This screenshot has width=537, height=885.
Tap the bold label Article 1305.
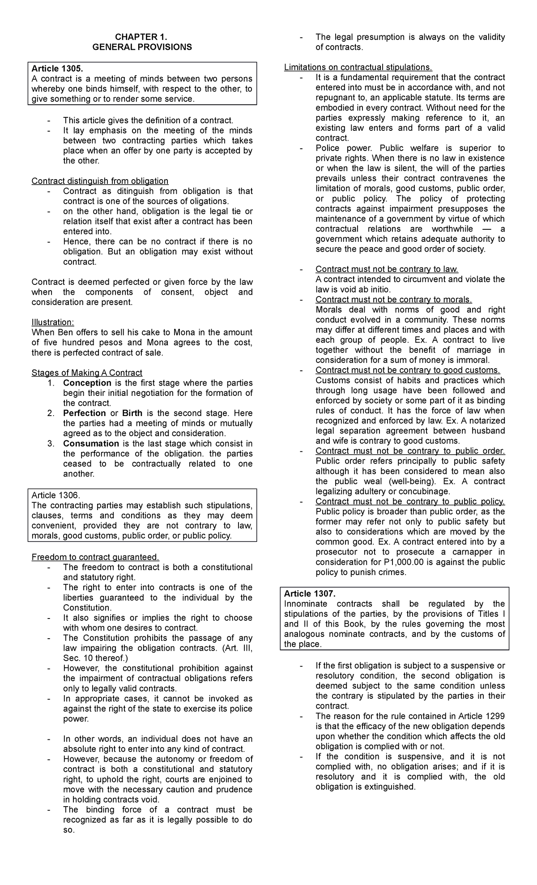[x=57, y=69]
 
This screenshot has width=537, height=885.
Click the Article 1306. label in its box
[x=55, y=495]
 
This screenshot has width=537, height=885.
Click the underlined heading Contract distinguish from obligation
[x=100, y=181]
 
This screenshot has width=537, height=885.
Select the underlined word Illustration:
[x=53, y=322]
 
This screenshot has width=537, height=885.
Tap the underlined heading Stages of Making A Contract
[x=87, y=373]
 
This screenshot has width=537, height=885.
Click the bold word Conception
[x=87, y=383]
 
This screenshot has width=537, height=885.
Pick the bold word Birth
[x=132, y=413]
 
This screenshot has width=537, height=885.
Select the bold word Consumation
[x=91, y=443]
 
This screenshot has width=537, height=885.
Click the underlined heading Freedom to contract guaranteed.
[x=95, y=557]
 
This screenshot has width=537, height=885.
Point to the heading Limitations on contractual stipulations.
[x=358, y=67]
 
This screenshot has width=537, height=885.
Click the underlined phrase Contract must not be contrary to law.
[x=387, y=269]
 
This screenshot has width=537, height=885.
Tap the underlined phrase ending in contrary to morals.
[x=393, y=300]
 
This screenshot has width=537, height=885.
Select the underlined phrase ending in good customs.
[x=408, y=370]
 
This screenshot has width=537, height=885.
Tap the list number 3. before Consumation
[x=51, y=443]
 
